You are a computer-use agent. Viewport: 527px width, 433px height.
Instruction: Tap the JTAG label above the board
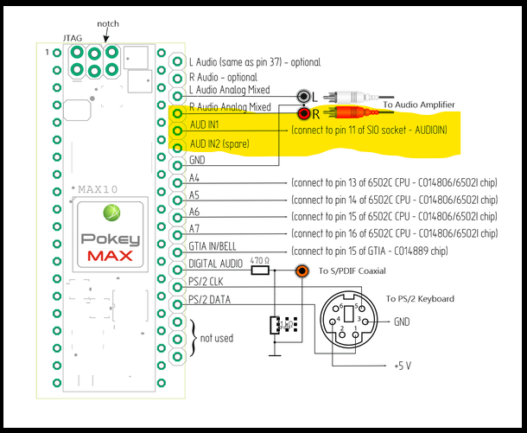pyautogui.click(x=73, y=39)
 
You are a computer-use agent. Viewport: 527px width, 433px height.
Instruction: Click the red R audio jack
pyautogui.click(x=304, y=113)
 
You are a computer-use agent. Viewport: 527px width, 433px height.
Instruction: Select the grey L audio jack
pyautogui.click(x=303, y=97)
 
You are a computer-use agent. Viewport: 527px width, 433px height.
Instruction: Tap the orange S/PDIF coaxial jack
pyautogui.click(x=302, y=271)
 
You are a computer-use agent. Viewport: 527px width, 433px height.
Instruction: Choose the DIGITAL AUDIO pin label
pyautogui.click(x=217, y=264)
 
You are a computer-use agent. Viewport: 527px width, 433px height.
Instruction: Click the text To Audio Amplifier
pyautogui.click(x=418, y=104)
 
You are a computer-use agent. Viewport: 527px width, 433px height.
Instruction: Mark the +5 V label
pyautogui.click(x=402, y=366)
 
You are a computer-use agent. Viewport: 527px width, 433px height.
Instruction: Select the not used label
pyautogui.click(x=216, y=338)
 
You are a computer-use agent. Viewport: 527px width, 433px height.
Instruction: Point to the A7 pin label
pyautogui.click(x=194, y=232)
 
